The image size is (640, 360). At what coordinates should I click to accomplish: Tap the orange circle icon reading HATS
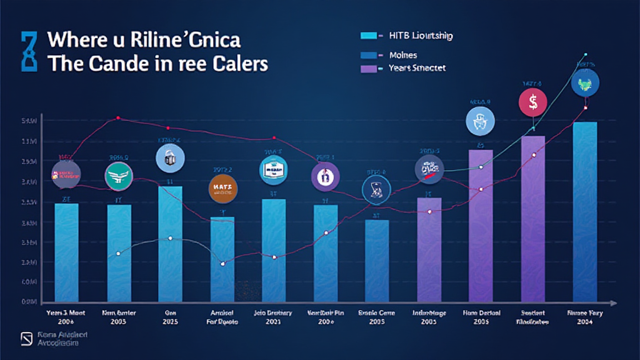pos(223,189)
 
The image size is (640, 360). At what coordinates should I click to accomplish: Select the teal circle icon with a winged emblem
pos(119,177)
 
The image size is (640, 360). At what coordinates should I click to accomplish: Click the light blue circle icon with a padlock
pos(170,157)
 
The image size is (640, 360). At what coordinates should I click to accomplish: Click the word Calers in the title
pos(239,64)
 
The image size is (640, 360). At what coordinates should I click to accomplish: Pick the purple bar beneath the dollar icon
pos(533,219)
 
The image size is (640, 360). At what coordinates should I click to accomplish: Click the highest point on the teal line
pos(586,54)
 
